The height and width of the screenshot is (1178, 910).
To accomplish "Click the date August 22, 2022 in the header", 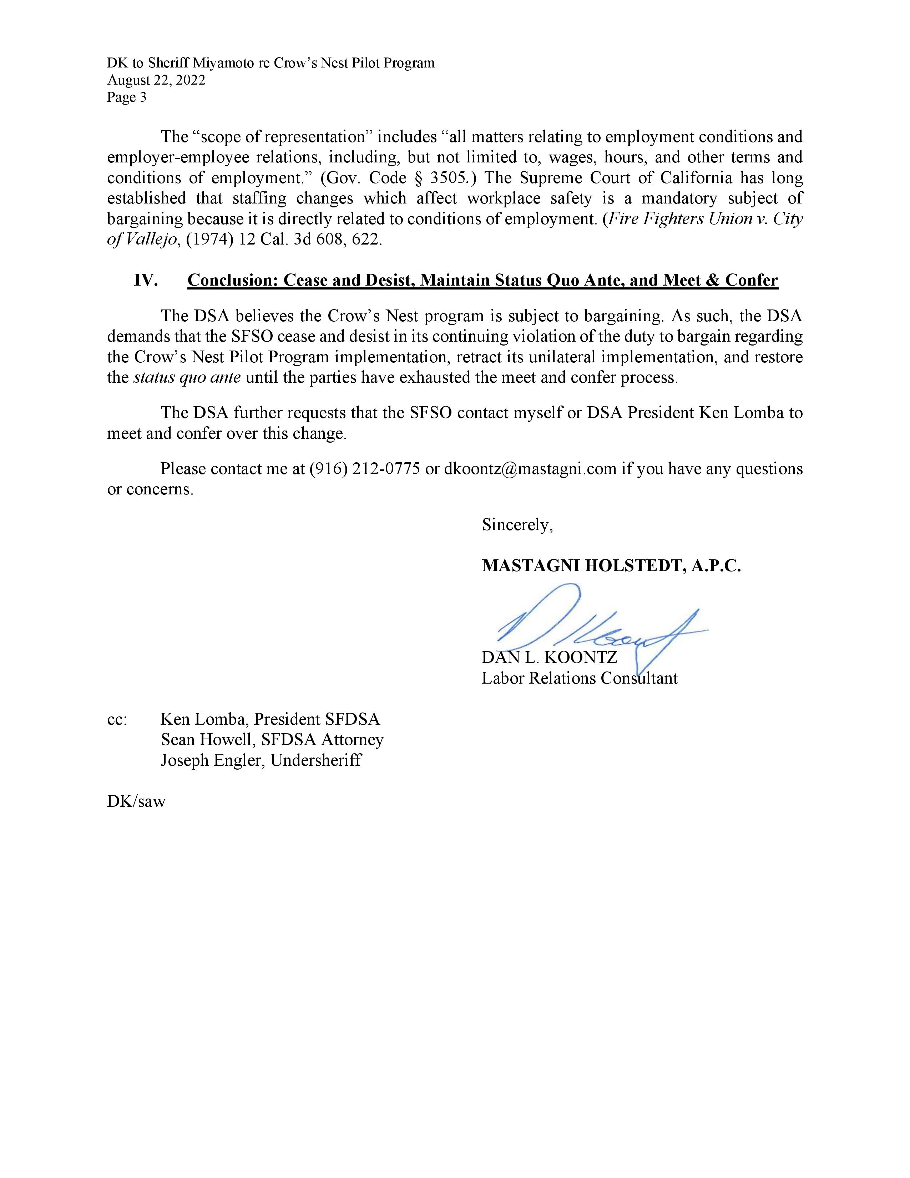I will click(156, 80).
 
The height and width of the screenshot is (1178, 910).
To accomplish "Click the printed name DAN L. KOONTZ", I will click(549, 658).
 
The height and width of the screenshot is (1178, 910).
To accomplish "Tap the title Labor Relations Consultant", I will click(580, 678).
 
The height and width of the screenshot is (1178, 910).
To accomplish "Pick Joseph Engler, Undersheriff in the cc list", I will click(261, 760).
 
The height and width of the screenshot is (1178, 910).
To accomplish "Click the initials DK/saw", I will click(136, 801).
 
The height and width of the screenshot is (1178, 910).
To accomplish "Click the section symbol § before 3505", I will click(418, 178).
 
